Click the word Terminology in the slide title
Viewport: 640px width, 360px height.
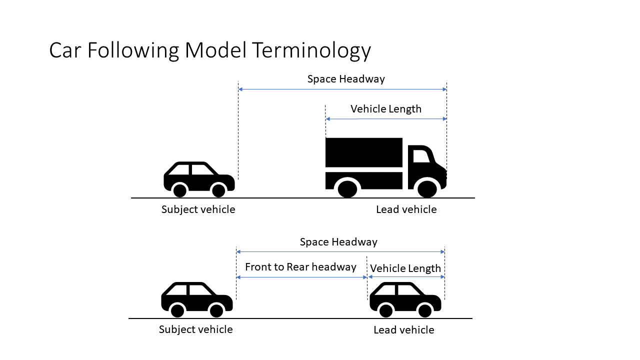click(311, 51)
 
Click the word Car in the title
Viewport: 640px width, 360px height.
click(66, 51)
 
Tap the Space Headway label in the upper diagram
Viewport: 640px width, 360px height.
click(346, 79)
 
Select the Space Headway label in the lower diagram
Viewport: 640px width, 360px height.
click(338, 242)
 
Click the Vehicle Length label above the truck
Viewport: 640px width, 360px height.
click(386, 109)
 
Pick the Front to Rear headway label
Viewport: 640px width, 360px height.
click(300, 267)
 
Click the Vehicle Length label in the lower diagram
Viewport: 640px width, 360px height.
click(405, 268)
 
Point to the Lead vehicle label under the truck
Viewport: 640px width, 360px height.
click(406, 209)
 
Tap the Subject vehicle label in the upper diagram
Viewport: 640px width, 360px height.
click(198, 209)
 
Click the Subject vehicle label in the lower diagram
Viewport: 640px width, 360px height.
click(195, 329)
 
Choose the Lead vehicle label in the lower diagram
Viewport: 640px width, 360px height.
click(403, 330)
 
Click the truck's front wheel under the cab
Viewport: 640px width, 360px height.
click(427, 188)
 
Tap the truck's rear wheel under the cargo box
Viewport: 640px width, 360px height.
click(347, 188)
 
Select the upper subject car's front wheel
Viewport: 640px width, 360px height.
click(218, 190)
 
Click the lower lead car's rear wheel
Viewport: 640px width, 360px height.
click(386, 311)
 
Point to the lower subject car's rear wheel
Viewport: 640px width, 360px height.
click(177, 311)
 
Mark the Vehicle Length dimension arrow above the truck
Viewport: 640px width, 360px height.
click(386, 119)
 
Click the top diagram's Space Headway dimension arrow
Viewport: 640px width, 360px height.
click(342, 89)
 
